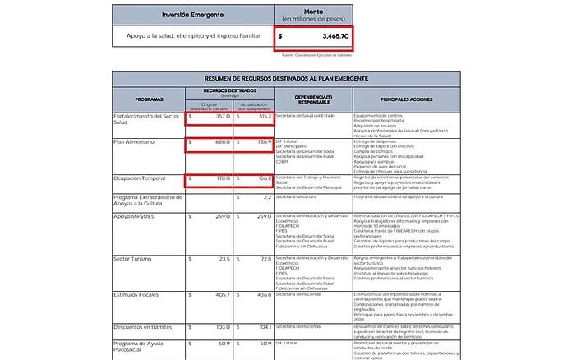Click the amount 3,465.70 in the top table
[x=327, y=37]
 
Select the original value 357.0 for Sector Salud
[x=218, y=117]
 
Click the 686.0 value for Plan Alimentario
[x=218, y=142]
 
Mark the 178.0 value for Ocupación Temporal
[x=218, y=178]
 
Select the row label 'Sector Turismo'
[x=136, y=258]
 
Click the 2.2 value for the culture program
[x=266, y=197]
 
